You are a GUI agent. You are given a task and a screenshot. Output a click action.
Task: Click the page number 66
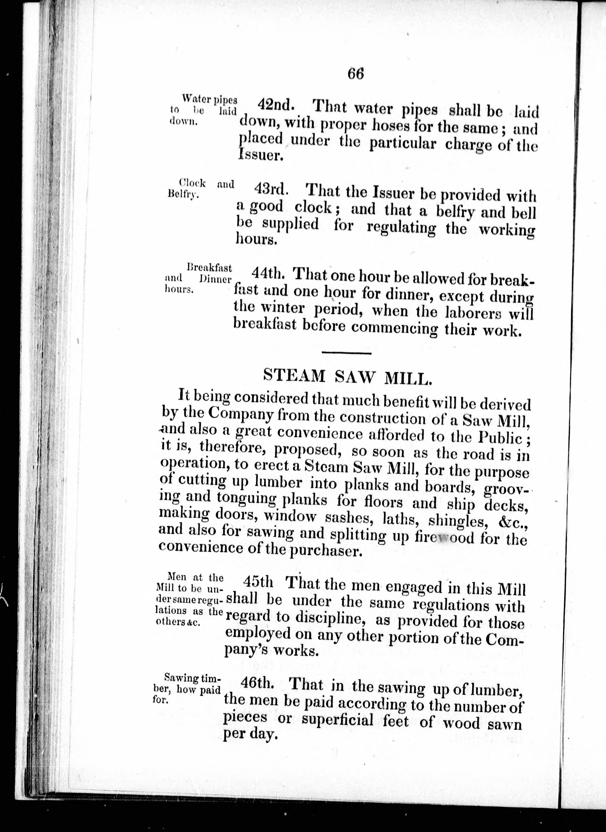tap(355, 74)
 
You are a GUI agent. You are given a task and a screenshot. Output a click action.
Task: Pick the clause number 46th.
tap(257, 683)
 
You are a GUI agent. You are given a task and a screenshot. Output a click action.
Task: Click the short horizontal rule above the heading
tap(346, 353)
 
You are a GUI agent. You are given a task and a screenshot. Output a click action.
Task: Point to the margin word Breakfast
tap(209, 267)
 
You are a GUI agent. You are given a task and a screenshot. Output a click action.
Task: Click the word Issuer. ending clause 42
tap(261, 155)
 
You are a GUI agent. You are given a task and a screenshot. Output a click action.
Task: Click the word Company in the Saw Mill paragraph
tap(241, 414)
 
